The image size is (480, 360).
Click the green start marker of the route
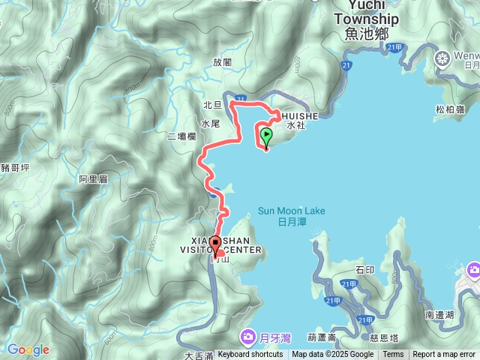267,136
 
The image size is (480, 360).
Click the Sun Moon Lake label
292,211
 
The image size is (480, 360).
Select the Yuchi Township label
366,19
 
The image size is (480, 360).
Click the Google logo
28,349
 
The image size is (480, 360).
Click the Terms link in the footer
393,354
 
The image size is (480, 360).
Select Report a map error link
444,354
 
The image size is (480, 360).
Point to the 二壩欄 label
182,136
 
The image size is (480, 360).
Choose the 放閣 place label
223,63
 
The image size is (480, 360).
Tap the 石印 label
365,269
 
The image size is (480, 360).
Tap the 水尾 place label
210,123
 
